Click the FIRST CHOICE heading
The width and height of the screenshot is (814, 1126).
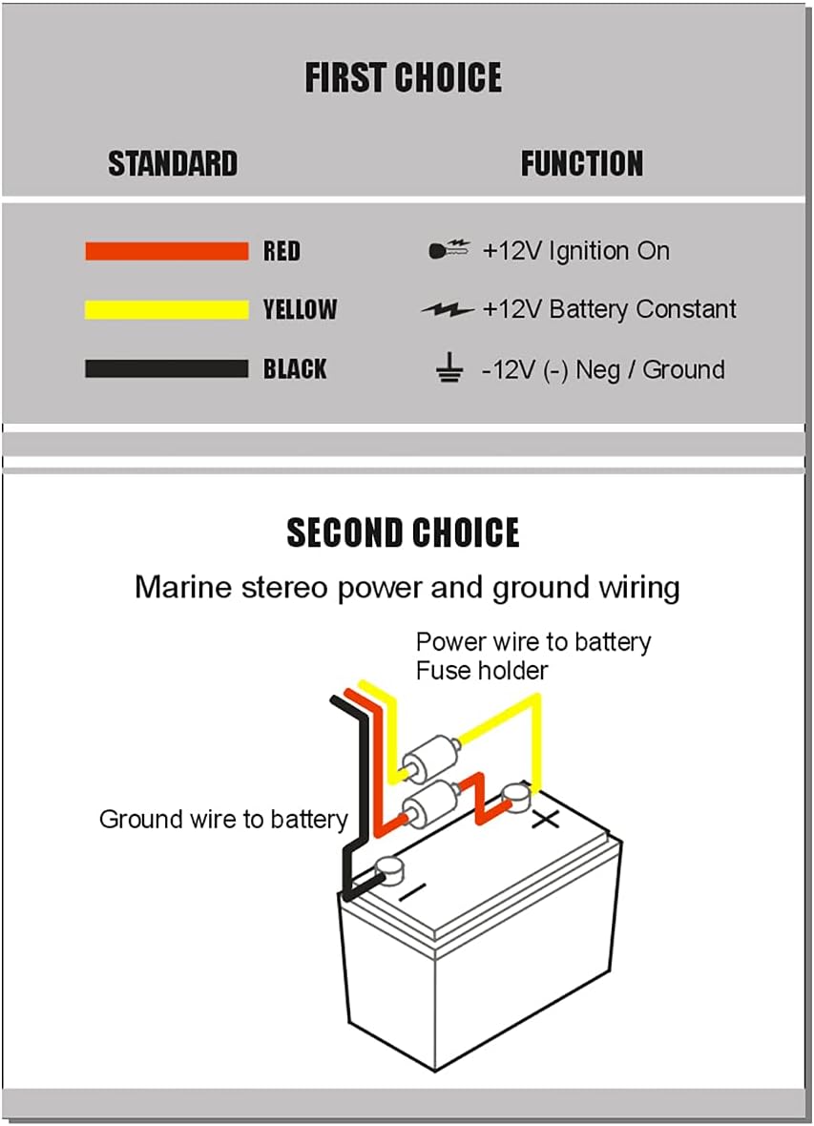point(403,78)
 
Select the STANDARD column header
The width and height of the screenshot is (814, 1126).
point(173,163)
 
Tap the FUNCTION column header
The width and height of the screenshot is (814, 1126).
point(581,163)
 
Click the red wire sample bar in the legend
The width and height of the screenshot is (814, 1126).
point(166,252)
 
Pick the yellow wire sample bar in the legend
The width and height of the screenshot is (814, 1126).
point(166,309)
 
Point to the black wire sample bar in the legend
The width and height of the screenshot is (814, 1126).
point(166,369)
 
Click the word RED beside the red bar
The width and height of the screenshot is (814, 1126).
point(282,252)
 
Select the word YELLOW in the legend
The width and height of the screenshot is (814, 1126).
point(300,309)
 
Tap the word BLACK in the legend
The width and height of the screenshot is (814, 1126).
point(295,369)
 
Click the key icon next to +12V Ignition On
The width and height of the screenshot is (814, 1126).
point(449,251)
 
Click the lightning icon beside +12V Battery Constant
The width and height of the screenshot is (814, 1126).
point(447,310)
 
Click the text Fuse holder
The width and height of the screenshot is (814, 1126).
point(482,671)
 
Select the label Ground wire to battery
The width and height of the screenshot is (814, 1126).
point(223,820)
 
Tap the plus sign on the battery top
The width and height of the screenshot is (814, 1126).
point(545,819)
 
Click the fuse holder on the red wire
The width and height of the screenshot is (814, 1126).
point(431,803)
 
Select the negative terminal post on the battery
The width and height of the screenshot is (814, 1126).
point(389,868)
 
